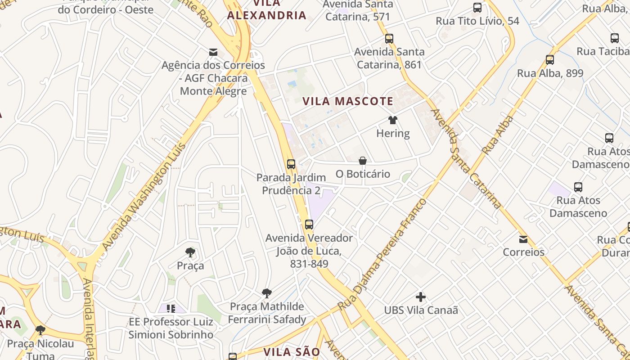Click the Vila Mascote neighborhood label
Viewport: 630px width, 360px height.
pos(347,101)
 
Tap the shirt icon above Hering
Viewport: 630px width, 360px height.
pos(393,120)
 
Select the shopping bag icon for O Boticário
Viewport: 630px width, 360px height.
pos(363,161)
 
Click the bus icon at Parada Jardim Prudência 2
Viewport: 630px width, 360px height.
pos(291,164)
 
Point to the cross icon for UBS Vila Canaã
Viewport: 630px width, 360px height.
pos(421,297)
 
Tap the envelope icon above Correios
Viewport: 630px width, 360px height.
pos(523,239)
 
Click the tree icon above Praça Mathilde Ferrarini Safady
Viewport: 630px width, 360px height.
pos(267,293)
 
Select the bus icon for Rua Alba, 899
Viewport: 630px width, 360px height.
pos(549,60)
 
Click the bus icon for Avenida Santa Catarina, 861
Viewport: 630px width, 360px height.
pos(389,39)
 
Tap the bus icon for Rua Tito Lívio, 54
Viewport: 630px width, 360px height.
pos(477,8)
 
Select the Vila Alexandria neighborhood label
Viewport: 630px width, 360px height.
pos(266,10)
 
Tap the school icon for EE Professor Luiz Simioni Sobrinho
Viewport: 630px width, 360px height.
pos(171,309)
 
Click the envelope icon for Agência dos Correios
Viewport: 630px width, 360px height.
pos(213,52)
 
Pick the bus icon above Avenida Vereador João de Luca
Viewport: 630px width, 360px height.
pos(309,225)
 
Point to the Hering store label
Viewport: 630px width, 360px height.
pos(393,134)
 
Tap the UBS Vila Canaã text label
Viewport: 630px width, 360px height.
pos(421,310)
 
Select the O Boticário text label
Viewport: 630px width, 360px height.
pos(363,174)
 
